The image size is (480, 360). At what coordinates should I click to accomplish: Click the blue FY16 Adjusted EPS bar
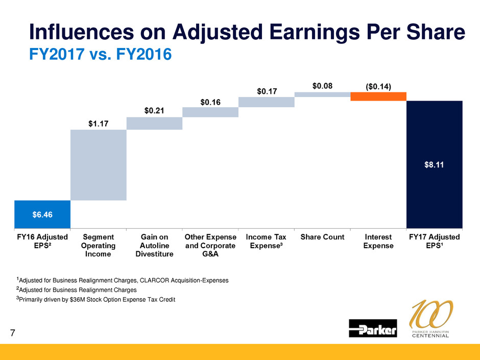coord(42,214)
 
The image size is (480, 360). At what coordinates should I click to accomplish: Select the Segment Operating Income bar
coord(99,165)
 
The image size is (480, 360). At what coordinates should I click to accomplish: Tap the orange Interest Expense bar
coord(378,97)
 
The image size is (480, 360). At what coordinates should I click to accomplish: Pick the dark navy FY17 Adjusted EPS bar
coord(434,164)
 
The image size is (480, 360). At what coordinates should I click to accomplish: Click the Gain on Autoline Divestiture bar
coord(154,124)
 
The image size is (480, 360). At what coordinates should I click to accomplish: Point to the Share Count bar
coord(322,94)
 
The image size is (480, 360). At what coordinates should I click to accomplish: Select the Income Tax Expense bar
coord(266,102)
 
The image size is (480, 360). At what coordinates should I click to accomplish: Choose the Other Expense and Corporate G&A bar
coord(210,112)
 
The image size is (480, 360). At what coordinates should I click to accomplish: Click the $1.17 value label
coord(99,123)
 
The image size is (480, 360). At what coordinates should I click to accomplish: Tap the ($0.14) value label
coord(378,86)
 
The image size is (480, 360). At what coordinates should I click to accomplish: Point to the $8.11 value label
coord(434,164)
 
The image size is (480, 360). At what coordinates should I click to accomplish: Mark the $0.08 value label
coord(322,86)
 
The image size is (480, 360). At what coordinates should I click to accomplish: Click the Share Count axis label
coord(322,237)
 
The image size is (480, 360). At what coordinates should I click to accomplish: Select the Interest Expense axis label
coord(378,242)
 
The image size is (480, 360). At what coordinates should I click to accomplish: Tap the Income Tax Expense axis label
coord(266,242)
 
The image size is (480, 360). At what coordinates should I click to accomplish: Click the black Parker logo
coord(373,328)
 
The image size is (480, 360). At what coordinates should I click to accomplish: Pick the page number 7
coord(13,333)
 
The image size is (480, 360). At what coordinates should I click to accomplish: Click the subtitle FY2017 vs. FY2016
coord(100,53)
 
